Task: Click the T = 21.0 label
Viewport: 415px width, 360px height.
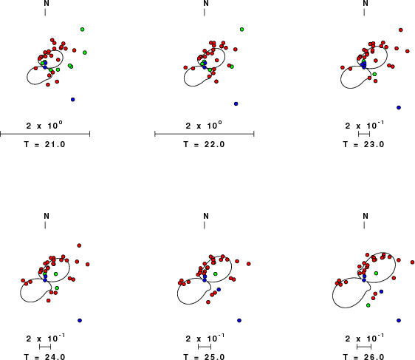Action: pyautogui.click(x=44, y=144)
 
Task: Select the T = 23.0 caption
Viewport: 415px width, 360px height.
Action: pyautogui.click(x=363, y=144)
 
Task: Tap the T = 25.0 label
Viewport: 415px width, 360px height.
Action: pyautogui.click(x=204, y=356)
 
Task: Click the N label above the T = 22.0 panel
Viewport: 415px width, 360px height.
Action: pyautogui.click(x=206, y=3)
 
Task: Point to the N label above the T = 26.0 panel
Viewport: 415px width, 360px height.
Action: pyautogui.click(x=366, y=216)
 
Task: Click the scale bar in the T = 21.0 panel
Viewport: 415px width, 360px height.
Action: pyautogui.click(x=45, y=134)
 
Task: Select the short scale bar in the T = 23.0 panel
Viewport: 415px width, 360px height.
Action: pyautogui.click(x=364, y=134)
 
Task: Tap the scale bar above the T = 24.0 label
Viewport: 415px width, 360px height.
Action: pyautogui.click(x=45, y=347)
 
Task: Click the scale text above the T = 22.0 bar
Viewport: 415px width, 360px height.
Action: pyautogui.click(x=204, y=125)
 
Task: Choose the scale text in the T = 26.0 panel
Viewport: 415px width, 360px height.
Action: pyautogui.click(x=365, y=338)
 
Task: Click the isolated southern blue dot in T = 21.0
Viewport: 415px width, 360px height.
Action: pyautogui.click(x=73, y=100)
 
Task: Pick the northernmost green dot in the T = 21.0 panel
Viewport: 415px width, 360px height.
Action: pyautogui.click(x=82, y=30)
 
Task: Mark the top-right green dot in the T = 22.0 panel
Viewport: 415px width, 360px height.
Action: pyautogui.click(x=241, y=30)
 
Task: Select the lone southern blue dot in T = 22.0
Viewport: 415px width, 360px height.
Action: pyautogui.click(x=236, y=103)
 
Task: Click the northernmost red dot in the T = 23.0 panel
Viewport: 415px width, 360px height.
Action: pyautogui.click(x=401, y=30)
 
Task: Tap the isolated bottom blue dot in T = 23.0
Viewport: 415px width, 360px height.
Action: pyautogui.click(x=399, y=107)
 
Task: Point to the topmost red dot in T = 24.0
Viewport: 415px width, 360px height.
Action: pyautogui.click(x=79, y=245)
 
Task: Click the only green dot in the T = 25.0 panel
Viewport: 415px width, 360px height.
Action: pyautogui.click(x=216, y=274)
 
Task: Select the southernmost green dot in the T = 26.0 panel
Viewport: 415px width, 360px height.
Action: pyautogui.click(x=368, y=305)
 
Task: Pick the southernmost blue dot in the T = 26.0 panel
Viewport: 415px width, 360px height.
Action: pyautogui.click(x=399, y=321)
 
